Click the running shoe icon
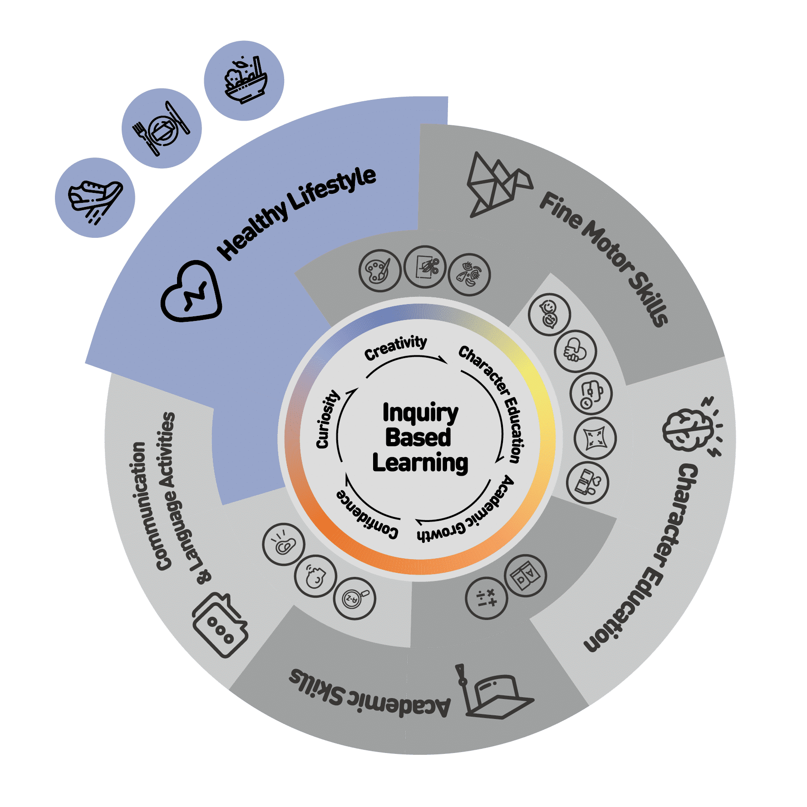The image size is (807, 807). pos(95,198)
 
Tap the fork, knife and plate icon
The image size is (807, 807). pos(162,128)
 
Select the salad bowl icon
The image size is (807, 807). pos(245,80)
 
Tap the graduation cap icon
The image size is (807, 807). pos(494,693)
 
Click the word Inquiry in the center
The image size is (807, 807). pos(420,413)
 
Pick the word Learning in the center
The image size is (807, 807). pos(420,463)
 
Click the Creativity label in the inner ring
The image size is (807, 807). pos(395,347)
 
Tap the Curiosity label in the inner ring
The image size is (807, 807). pos(327,419)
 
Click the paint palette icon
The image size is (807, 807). pos(379,271)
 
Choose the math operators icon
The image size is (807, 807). pos(486,598)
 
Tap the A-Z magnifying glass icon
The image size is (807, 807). pos(354,598)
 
